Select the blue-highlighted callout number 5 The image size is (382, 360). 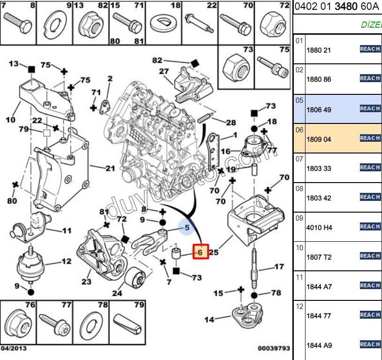[187, 229]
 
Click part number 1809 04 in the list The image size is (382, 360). [319, 139]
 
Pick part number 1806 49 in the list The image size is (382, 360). [319, 110]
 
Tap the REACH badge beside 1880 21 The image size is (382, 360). [370, 49]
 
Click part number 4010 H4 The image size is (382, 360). [319, 228]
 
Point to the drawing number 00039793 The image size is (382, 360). [274, 348]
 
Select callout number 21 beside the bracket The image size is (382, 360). [110, 168]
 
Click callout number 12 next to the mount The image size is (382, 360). [66, 261]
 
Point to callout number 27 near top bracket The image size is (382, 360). [163, 71]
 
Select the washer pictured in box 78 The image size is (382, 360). [92, 323]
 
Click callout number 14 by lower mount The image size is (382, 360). [209, 319]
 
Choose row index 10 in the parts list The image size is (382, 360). [299, 248]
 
